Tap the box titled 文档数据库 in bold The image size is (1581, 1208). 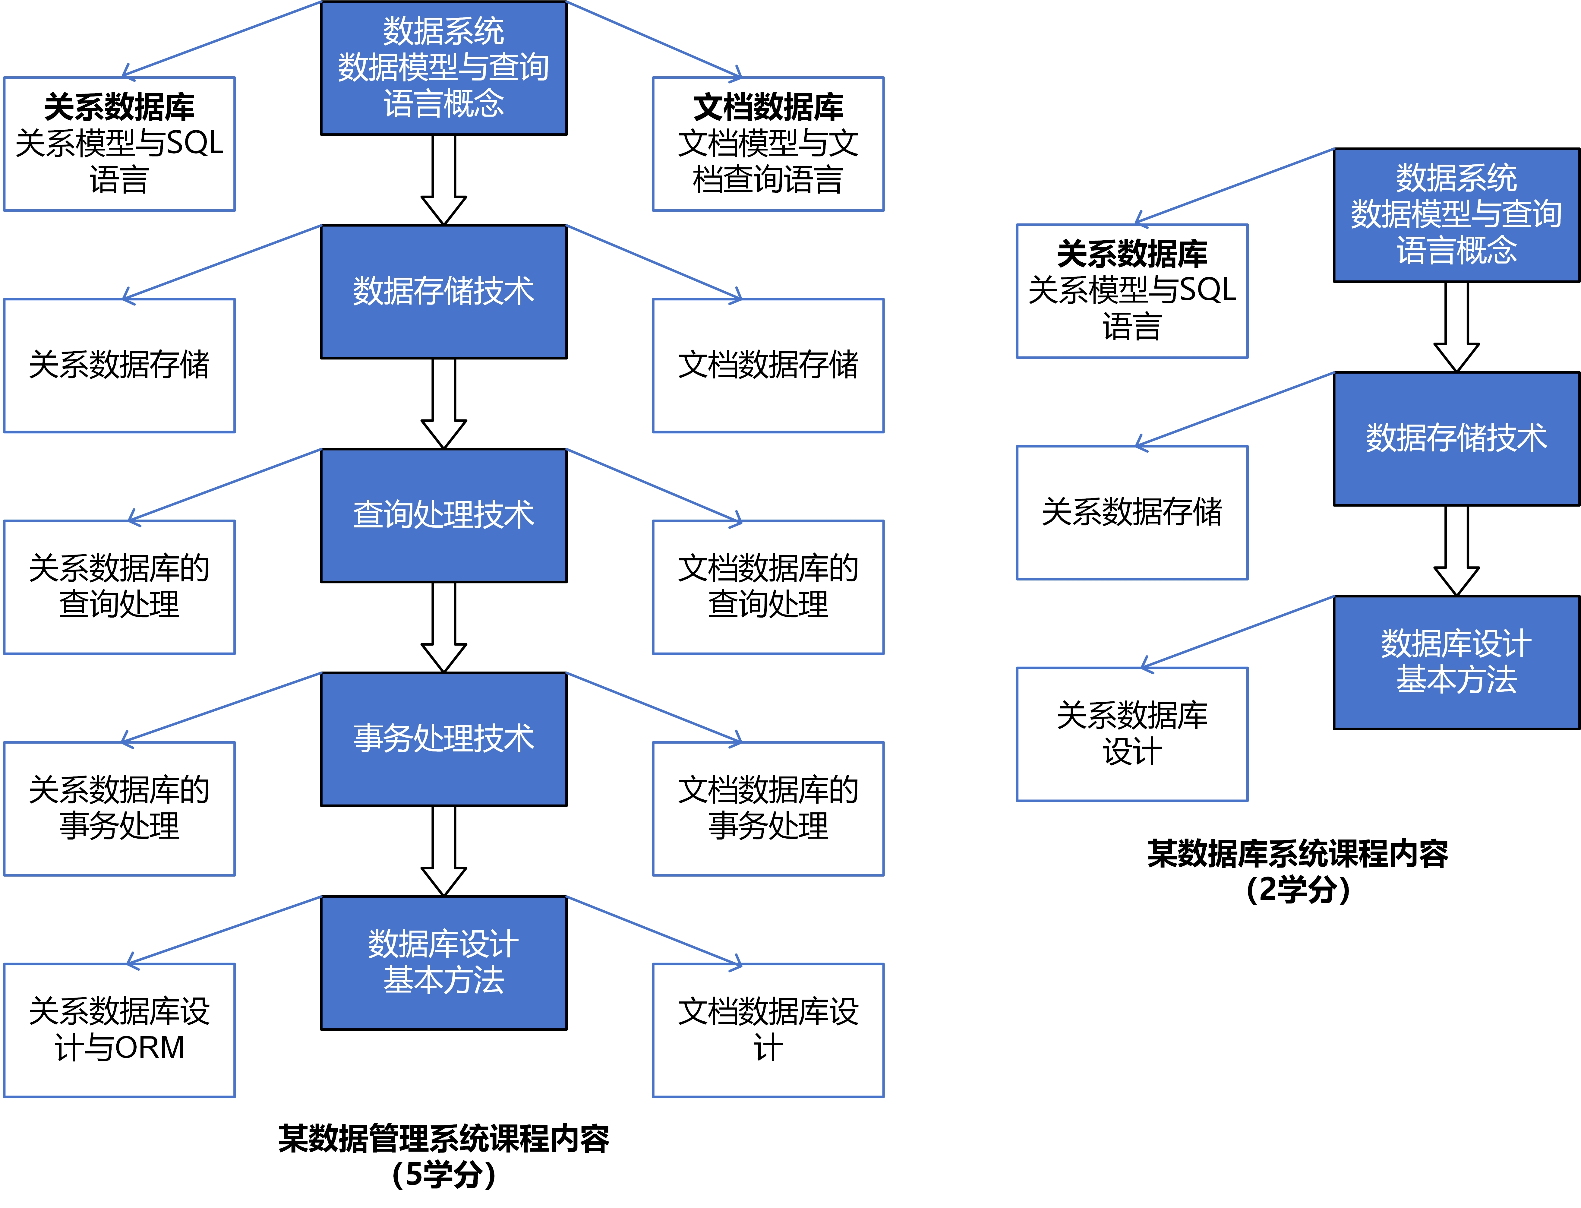coord(768,144)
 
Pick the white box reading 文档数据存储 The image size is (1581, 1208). coord(768,365)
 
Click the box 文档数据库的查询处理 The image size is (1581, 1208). coord(768,587)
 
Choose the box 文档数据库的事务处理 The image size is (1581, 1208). coord(768,808)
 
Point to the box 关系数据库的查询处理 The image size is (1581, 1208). coord(119,587)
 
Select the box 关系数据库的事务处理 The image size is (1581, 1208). coord(119,808)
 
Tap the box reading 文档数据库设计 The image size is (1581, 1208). coord(768,1030)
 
